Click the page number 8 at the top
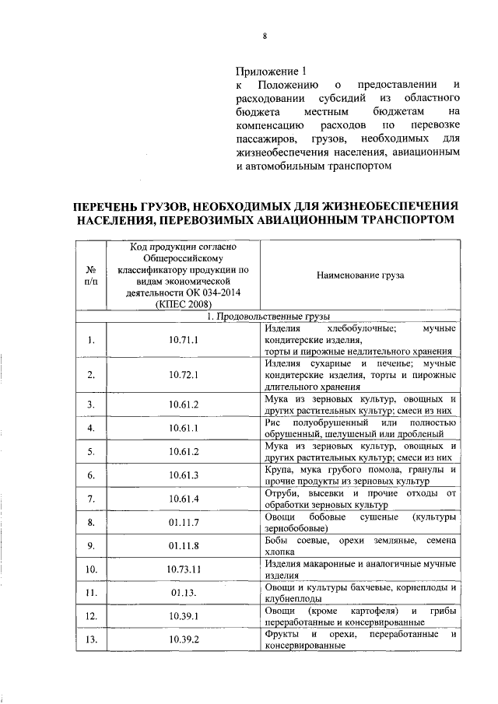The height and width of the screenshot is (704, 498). (x=265, y=36)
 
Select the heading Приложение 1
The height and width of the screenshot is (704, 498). (x=266, y=69)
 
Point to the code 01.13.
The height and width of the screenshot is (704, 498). (x=182, y=593)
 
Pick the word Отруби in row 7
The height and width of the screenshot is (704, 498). (x=280, y=493)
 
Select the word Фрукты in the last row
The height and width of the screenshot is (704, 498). (x=282, y=634)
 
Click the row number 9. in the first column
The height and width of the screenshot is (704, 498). (x=91, y=545)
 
